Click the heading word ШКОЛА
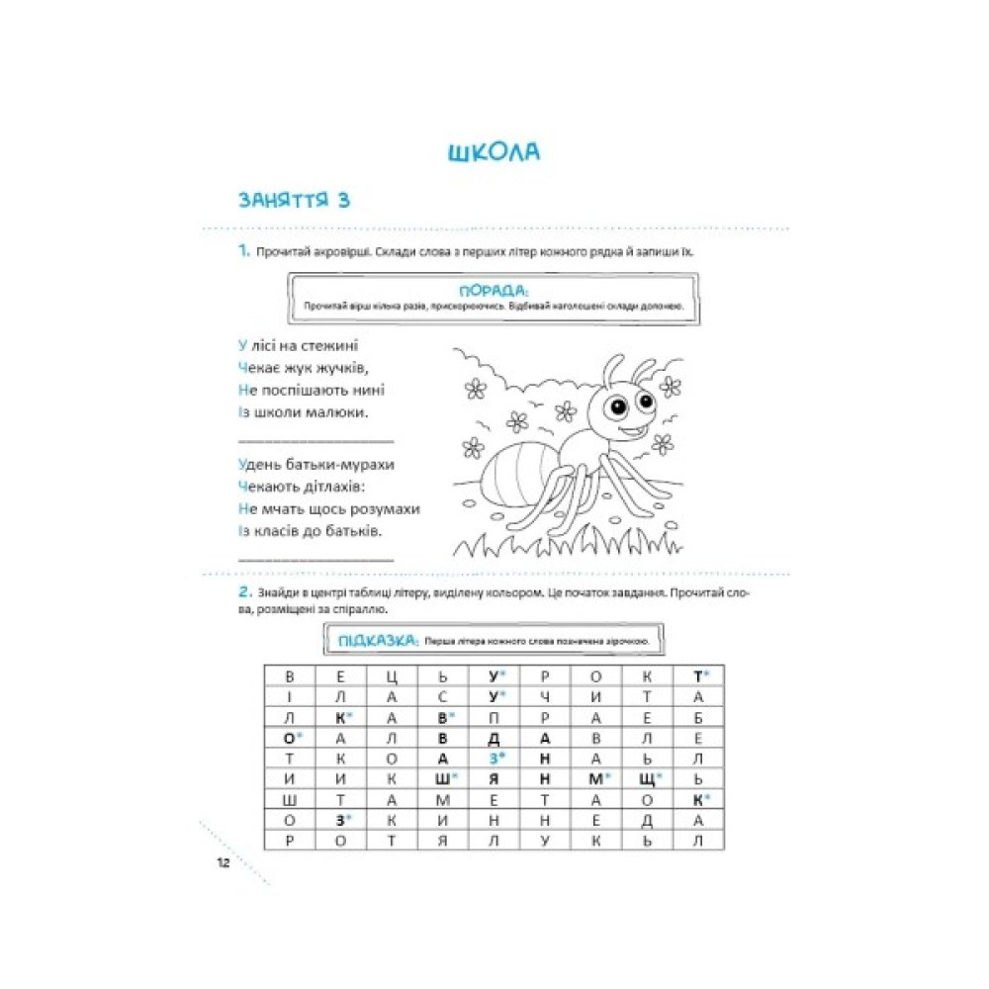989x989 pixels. pos(493,153)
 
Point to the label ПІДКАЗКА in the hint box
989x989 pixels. pos(377,640)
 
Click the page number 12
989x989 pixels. pos(223,862)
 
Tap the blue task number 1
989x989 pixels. pos(242,251)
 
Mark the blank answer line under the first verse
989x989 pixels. pos(315,439)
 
